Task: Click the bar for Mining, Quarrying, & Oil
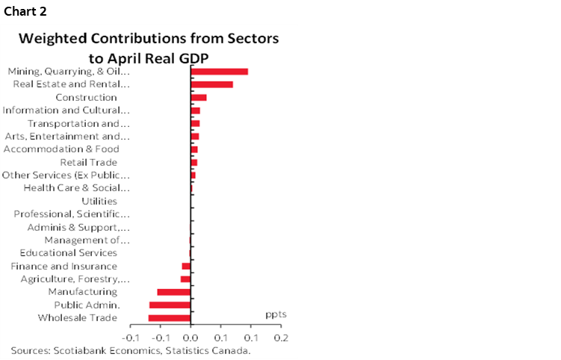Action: point(220,72)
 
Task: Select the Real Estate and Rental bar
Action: point(212,84)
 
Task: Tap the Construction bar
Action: point(199,97)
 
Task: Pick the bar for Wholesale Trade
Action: point(170,318)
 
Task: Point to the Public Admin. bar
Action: point(170,305)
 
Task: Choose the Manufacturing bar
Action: point(174,292)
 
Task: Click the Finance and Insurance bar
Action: point(187,266)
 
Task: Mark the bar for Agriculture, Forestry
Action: point(186,279)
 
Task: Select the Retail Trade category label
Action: point(88,162)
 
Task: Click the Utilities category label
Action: point(99,202)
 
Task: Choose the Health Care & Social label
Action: point(77,188)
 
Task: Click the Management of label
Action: point(87,240)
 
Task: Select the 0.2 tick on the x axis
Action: point(280,338)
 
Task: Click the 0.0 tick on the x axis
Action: point(191,338)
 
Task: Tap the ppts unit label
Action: point(276,314)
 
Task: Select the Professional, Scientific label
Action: point(72,214)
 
